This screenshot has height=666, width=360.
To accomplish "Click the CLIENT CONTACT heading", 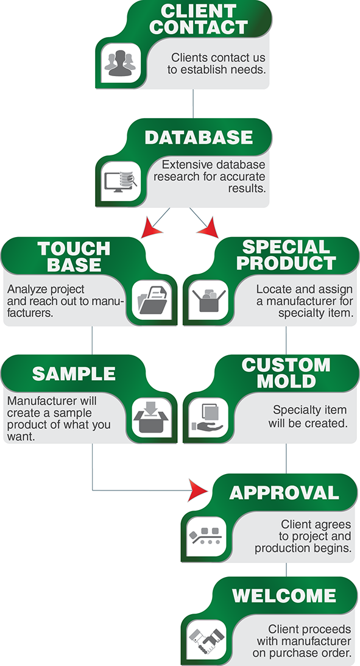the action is click(198, 19).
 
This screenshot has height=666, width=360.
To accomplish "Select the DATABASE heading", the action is click(199, 137).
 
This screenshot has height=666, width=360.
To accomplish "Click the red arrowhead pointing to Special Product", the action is click(208, 227).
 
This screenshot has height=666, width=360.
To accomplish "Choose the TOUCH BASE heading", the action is click(74, 257).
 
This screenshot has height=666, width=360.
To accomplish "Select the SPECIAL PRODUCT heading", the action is click(286, 255).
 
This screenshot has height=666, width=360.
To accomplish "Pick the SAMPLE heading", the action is click(74, 374).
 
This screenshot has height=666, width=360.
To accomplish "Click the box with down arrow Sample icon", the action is click(150, 419).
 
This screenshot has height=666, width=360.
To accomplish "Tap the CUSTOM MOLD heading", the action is click(286, 373).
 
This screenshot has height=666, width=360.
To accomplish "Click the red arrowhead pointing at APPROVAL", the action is click(198, 491).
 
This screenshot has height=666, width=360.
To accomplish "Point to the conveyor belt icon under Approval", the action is click(205, 536).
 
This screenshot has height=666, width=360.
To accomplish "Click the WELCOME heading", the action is click(284, 596).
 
